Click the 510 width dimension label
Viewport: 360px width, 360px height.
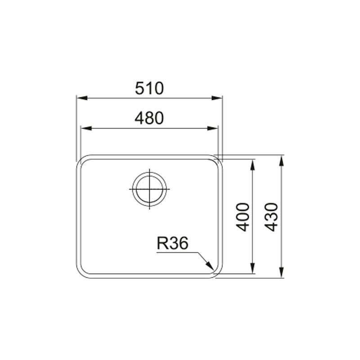point(149,88)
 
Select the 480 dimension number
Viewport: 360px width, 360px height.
point(149,118)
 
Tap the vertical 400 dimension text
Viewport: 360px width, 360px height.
point(243,217)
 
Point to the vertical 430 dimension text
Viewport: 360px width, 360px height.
point(271,217)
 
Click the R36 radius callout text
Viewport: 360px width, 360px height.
point(172,243)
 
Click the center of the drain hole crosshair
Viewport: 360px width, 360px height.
point(149,189)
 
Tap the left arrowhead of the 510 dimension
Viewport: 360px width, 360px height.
point(82,98)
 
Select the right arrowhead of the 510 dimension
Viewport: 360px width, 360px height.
point(217,98)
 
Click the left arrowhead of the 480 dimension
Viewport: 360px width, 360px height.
point(86,128)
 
